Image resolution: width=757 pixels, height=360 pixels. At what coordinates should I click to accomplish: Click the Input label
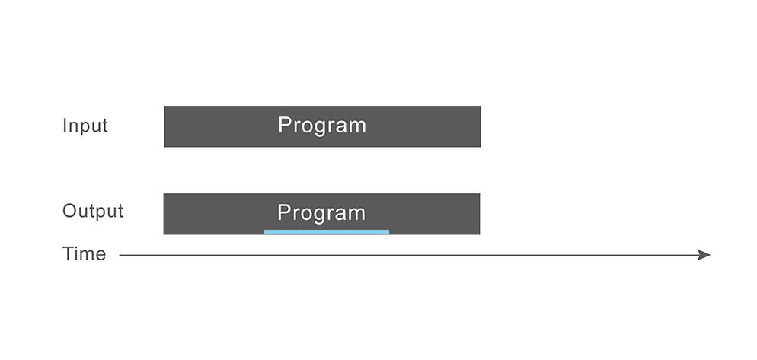(85, 126)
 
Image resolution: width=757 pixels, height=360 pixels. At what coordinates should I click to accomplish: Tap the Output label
(93, 211)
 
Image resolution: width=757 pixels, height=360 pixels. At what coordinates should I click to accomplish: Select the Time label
(85, 254)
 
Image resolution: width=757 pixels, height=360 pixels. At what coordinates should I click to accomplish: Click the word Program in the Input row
(322, 126)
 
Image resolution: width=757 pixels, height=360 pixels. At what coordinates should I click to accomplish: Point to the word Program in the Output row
(321, 213)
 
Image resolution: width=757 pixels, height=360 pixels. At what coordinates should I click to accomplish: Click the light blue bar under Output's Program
(327, 232)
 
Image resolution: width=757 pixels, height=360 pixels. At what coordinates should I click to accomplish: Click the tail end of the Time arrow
(120, 255)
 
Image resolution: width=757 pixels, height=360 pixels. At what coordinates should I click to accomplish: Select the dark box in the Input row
(322, 126)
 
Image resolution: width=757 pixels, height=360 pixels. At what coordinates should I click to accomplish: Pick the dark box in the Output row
(321, 215)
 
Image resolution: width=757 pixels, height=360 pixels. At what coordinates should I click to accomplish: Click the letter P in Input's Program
(285, 125)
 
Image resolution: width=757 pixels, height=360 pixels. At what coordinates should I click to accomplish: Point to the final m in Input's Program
(358, 127)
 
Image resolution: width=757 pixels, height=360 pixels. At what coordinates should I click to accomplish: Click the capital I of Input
(64, 126)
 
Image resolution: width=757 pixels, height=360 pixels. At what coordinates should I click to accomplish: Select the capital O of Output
(70, 211)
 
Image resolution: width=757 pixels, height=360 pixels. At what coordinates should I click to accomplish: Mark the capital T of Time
(69, 254)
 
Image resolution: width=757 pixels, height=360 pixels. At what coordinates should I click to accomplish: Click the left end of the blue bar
(264, 232)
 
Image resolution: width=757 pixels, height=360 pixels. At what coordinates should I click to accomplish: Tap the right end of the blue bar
(388, 232)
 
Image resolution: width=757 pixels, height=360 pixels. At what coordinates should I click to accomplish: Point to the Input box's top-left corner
(164, 106)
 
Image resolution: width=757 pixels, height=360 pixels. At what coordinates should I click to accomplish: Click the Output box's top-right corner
(480, 193)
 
